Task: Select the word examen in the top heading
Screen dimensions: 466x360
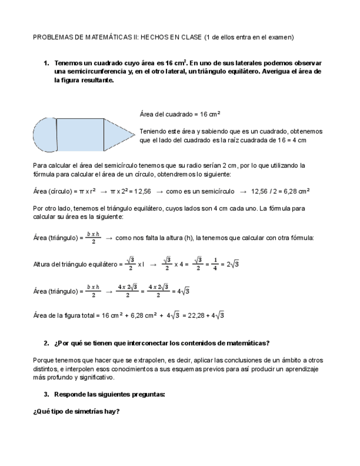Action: pos(281,37)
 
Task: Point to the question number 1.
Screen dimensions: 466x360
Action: pos(46,63)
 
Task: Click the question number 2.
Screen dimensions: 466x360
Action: pos(46,343)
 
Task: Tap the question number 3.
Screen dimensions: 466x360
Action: pos(46,395)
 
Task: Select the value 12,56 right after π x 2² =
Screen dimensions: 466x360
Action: pos(142,191)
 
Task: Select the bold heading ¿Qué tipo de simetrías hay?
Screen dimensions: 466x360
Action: pos(76,412)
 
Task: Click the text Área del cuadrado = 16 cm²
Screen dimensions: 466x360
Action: pos(180,114)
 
